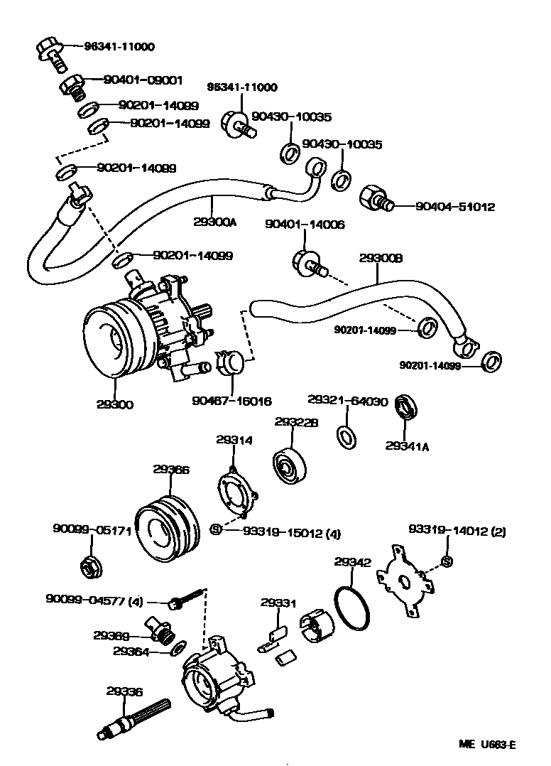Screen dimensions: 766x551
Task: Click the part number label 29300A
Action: click(214, 221)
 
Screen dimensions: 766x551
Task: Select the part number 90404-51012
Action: click(454, 207)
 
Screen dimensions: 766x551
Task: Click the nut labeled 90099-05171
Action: click(90, 566)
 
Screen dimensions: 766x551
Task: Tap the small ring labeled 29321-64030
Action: click(345, 437)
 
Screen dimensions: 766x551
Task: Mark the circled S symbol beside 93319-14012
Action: click(447, 563)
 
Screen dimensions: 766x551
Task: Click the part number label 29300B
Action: click(381, 259)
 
